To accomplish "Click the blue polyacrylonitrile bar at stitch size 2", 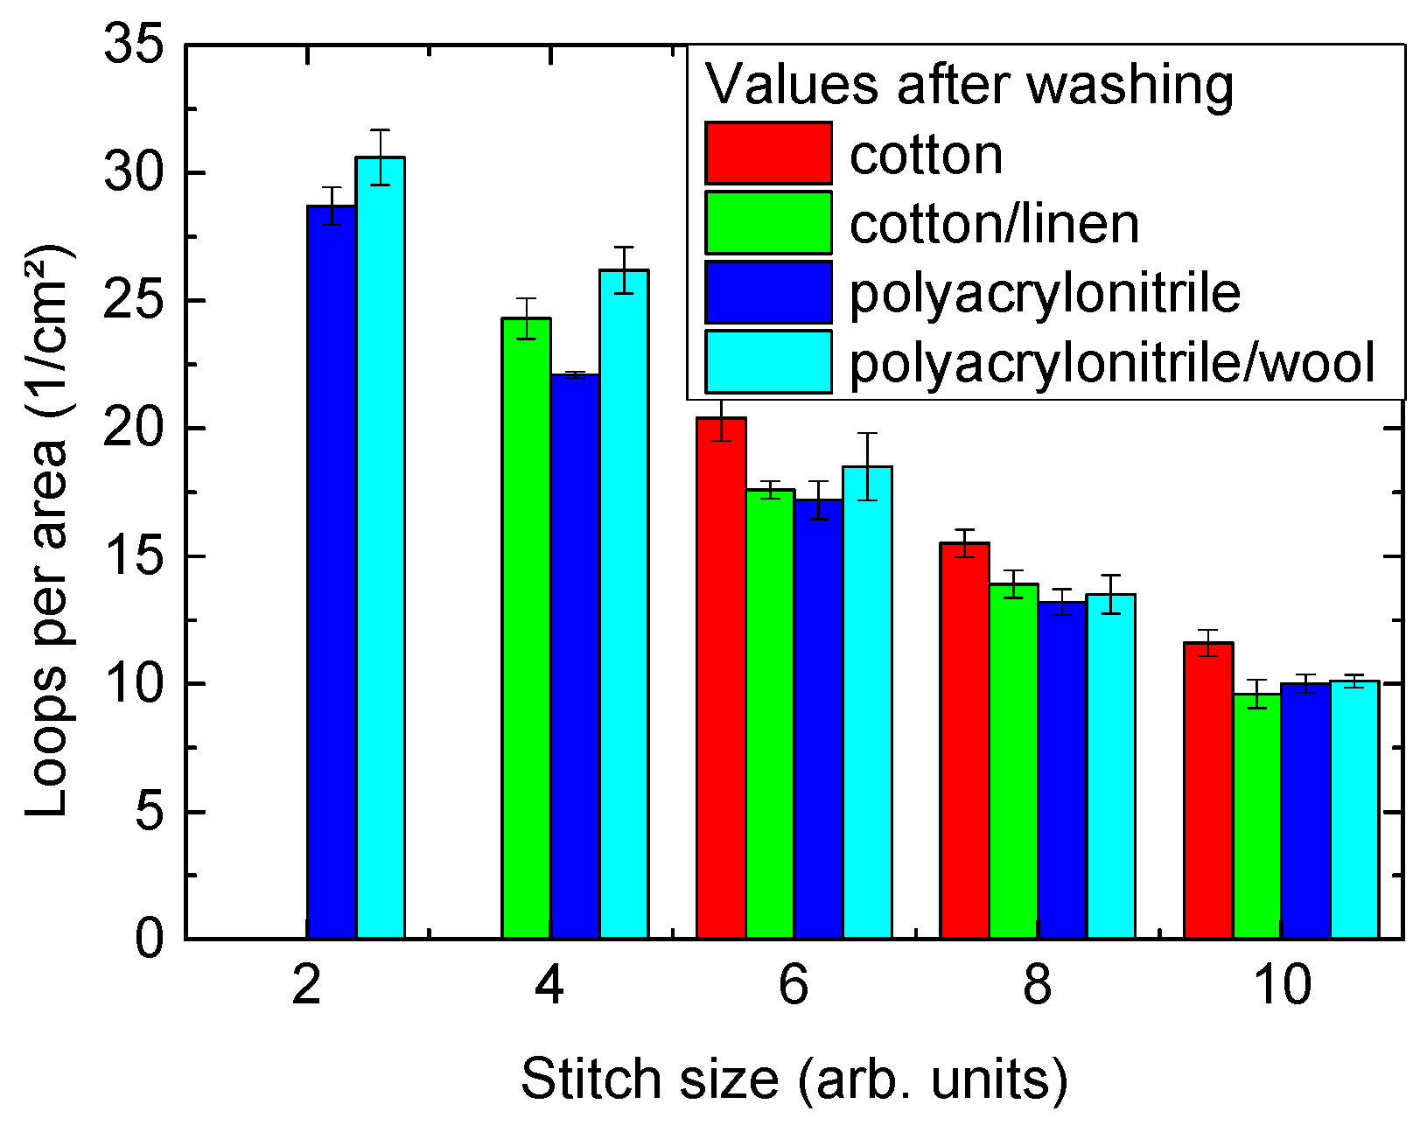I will tap(332, 573).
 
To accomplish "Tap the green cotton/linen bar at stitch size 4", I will tap(526, 629).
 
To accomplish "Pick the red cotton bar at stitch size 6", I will tap(721, 679).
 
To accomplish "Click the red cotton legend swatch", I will tap(768, 153).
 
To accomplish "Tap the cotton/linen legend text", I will tap(995, 224).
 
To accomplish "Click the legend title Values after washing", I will tap(969, 85).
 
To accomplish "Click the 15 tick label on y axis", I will tap(134, 556).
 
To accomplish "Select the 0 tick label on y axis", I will tap(150, 939).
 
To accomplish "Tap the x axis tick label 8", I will tap(1038, 986).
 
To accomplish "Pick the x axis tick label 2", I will tap(306, 986).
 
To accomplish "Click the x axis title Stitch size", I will tap(794, 1079).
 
